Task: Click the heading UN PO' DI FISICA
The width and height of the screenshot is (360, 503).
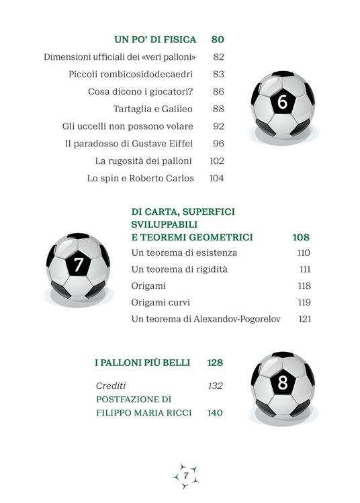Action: (154, 40)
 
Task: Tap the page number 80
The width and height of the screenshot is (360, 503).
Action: (217, 40)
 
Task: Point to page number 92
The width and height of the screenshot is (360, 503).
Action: (218, 126)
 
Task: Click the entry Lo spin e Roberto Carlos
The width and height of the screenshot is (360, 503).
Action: (140, 179)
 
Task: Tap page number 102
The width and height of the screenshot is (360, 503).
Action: (216, 161)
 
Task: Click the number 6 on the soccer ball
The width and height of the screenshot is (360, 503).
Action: (282, 102)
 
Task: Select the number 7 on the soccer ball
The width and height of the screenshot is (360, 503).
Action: (79, 265)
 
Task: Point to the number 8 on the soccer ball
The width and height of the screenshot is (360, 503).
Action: (283, 383)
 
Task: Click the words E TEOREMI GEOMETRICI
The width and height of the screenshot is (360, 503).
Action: (192, 237)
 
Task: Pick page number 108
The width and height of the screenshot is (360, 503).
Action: (301, 237)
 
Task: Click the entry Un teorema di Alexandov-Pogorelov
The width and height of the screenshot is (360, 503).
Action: (206, 319)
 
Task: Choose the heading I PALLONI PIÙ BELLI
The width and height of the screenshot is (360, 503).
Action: (142, 363)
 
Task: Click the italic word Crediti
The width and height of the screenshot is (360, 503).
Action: (111, 385)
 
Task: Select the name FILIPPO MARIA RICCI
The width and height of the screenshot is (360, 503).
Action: (144, 413)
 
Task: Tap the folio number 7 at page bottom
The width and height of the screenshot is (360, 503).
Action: (185, 475)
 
